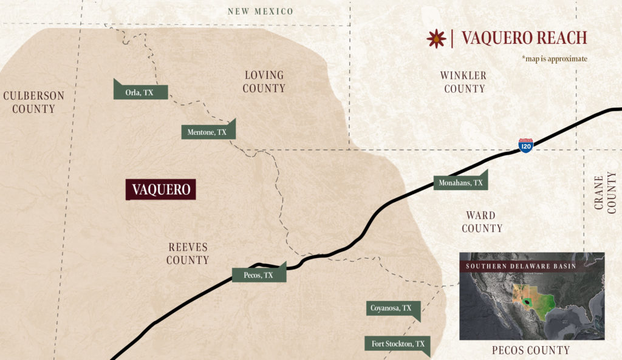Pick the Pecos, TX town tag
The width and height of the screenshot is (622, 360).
259,275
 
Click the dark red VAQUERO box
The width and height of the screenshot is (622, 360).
161,189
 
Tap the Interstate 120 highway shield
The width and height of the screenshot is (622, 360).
525,145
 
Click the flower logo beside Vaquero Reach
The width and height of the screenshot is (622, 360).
436,38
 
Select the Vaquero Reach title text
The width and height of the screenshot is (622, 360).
524,38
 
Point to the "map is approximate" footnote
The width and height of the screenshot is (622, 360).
554,59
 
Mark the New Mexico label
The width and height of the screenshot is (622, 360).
260,12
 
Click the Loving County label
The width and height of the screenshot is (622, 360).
264,82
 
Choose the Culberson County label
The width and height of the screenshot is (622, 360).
33,102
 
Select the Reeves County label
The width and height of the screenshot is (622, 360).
188,253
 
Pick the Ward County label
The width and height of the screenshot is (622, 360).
481,222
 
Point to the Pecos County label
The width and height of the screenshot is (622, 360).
531,350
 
